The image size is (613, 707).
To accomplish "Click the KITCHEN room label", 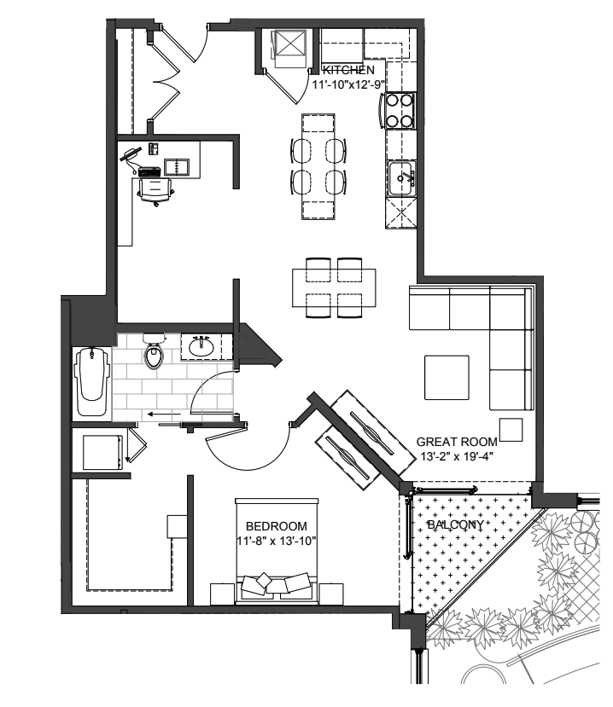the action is click(x=348, y=70).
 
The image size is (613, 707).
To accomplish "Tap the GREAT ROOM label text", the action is click(x=457, y=442).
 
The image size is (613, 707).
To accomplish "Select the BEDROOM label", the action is click(x=277, y=526).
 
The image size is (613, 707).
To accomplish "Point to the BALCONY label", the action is click(x=455, y=524).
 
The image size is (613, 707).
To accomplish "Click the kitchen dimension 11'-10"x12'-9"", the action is click(x=348, y=84).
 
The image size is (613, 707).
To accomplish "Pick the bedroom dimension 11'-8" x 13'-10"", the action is click(x=277, y=541).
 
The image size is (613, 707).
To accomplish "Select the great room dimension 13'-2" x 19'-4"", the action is click(x=457, y=456).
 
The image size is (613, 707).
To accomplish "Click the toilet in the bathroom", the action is click(x=154, y=351).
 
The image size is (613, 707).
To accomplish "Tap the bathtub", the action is click(x=92, y=381).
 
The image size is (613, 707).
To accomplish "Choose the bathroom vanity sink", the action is click(x=201, y=347).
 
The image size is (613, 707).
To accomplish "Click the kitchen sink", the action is click(x=401, y=178).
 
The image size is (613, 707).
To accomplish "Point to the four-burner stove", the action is click(x=399, y=111).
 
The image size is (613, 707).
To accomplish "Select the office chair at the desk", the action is click(x=155, y=191).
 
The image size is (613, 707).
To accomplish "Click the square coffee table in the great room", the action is click(x=447, y=378).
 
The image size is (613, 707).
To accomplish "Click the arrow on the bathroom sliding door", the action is click(x=165, y=414).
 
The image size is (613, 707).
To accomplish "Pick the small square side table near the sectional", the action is click(x=511, y=430).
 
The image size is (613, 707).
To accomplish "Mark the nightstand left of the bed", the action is click(x=223, y=594).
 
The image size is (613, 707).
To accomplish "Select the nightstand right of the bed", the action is click(x=331, y=594).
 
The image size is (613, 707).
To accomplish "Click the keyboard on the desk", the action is click(x=149, y=171).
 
